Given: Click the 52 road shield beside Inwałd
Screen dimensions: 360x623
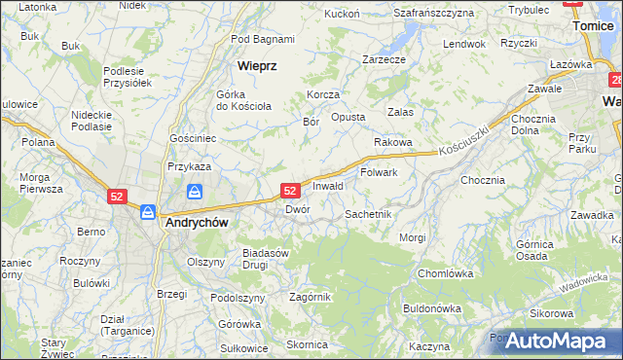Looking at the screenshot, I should click(289, 191).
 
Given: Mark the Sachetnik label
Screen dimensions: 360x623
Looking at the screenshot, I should click(368, 214).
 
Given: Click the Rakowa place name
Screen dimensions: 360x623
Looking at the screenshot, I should click(393, 142).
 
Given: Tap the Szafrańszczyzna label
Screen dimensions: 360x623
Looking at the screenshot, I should click(434, 14).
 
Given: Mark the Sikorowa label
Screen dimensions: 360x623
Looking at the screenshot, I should click(551, 313).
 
